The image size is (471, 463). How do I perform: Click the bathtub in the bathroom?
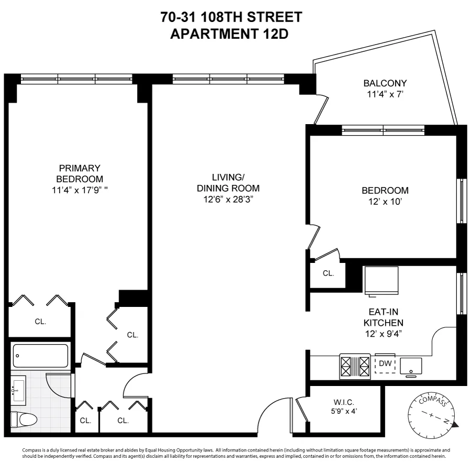[40, 356]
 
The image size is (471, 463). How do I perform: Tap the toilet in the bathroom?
[25, 418]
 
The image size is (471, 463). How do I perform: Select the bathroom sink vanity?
[19, 390]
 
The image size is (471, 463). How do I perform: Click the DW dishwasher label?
[385, 363]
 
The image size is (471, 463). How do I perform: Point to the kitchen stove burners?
[355, 366]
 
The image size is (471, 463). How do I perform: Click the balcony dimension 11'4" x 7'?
[385, 95]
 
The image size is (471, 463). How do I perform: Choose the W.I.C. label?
[344, 402]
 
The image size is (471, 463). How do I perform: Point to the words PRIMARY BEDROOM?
[80, 173]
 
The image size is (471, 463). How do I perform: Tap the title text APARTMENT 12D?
[231, 34]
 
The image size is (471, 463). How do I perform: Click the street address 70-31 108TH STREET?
[231, 17]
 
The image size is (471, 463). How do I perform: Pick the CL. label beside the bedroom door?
[328, 273]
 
